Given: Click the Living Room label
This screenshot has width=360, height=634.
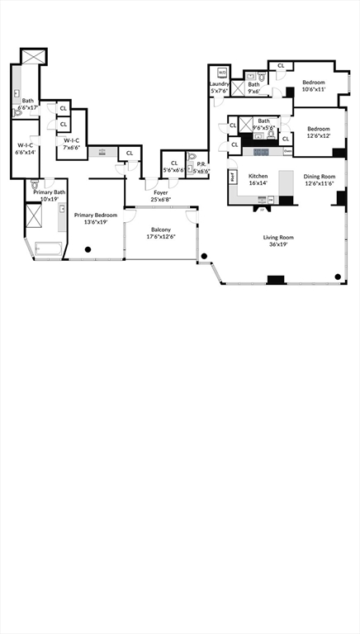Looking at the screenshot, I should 278,238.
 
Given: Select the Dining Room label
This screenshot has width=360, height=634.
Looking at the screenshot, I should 319,176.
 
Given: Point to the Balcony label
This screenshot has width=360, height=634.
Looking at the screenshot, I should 161,230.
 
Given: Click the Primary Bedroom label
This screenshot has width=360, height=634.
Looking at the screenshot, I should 95,215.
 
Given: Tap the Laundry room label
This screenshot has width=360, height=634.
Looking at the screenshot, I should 219,83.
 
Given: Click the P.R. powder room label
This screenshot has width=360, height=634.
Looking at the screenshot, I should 201,163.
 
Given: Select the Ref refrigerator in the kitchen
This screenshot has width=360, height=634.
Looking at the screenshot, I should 234,176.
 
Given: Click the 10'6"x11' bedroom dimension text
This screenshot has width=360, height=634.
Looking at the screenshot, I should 314,89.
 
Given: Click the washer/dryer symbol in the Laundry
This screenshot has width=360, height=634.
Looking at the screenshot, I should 221,73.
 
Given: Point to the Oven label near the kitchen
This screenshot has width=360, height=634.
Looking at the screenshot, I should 287,151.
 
